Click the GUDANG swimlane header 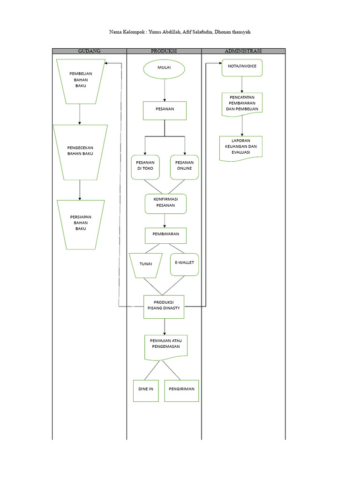click(89, 51)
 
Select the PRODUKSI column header click(164, 51)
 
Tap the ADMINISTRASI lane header click(243, 51)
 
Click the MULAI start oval click(164, 69)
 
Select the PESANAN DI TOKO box click(145, 167)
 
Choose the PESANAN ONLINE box click(185, 167)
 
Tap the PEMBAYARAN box click(165, 235)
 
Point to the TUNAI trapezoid click(146, 264)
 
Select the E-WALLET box click(185, 264)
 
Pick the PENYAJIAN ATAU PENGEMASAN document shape click(165, 347)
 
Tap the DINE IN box click(146, 390)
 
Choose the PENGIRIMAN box click(181, 390)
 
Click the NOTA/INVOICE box click(242, 67)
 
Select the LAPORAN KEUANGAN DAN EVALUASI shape click(241, 148)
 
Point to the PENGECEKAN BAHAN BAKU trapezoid click(80, 152)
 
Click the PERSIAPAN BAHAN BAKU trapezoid click(80, 224)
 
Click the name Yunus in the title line click(158, 32)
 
